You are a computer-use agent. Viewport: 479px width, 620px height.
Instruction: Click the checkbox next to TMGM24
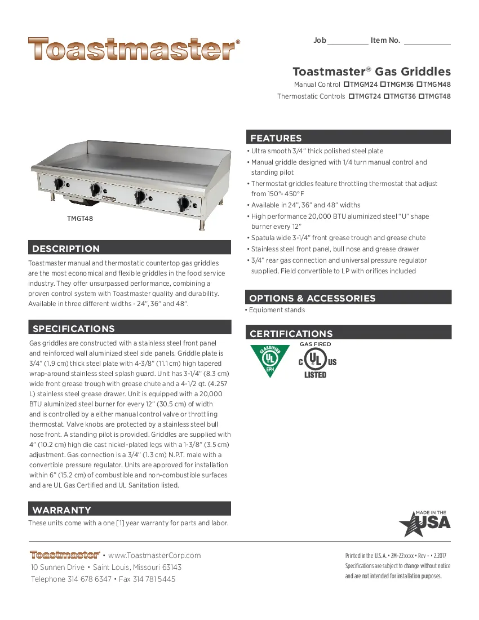[347, 85]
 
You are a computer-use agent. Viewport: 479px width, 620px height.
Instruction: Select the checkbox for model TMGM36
[383, 85]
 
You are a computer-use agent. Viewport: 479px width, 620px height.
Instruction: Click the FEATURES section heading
[276, 138]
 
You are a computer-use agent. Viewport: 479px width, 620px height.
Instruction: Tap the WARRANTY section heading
[62, 510]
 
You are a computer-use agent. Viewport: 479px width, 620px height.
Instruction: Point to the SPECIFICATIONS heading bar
[74, 329]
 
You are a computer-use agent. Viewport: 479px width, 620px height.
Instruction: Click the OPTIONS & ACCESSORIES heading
[312, 298]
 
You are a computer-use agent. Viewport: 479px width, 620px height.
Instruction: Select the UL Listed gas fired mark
[316, 361]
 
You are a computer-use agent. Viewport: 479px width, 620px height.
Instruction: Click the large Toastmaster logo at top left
[132, 50]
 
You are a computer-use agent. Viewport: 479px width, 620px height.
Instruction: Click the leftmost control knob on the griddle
[58, 184]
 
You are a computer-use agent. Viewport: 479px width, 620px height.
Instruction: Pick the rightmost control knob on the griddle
[183, 204]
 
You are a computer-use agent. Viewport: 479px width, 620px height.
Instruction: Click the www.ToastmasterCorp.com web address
[155, 555]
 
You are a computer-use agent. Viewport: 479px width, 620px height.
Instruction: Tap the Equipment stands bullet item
[277, 310]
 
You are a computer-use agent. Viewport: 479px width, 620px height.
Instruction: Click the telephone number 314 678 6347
[90, 579]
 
